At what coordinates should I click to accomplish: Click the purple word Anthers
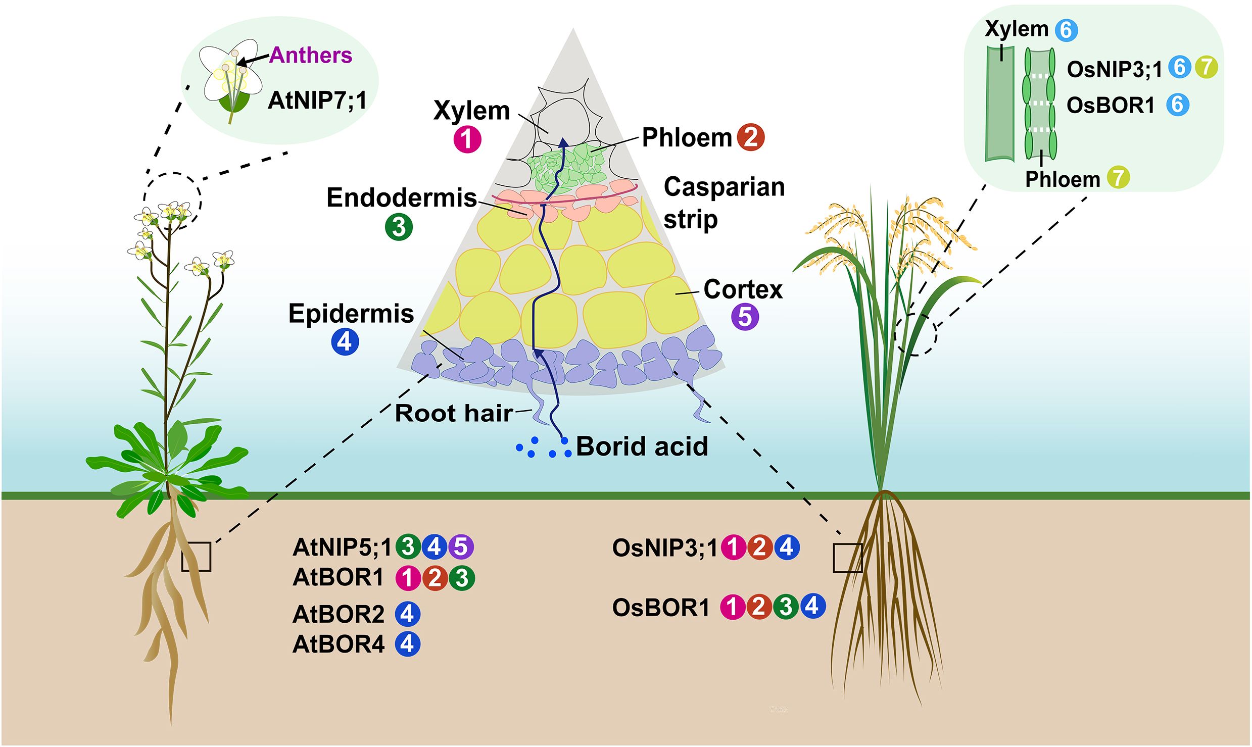coord(310,55)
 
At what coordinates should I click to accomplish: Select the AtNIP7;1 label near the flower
coord(317,100)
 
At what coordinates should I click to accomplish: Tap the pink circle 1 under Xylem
coord(467,139)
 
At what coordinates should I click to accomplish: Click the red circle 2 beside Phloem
coord(751,137)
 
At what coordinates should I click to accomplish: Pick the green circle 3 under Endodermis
coord(399,227)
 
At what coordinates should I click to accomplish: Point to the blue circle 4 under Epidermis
coord(345,342)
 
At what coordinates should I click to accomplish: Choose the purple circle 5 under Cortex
coord(745,317)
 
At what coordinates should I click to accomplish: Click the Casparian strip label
coord(724,203)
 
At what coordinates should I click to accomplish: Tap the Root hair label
coord(453,413)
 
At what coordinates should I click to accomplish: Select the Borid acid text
coord(642,446)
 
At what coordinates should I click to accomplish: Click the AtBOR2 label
coord(339,614)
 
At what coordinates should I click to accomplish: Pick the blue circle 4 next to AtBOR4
coord(408,644)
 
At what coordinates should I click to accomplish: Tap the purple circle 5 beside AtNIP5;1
coord(460,546)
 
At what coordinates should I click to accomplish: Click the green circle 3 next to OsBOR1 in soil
coord(785,607)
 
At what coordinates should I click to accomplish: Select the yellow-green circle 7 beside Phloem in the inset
coord(1118,178)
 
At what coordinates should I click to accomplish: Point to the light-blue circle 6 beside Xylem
coord(1066,30)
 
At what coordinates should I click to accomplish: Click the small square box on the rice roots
coord(847,558)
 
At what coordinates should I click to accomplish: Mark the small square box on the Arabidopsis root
coord(196,557)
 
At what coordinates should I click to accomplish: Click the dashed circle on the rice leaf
coord(915,334)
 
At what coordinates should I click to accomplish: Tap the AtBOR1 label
coord(339,577)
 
